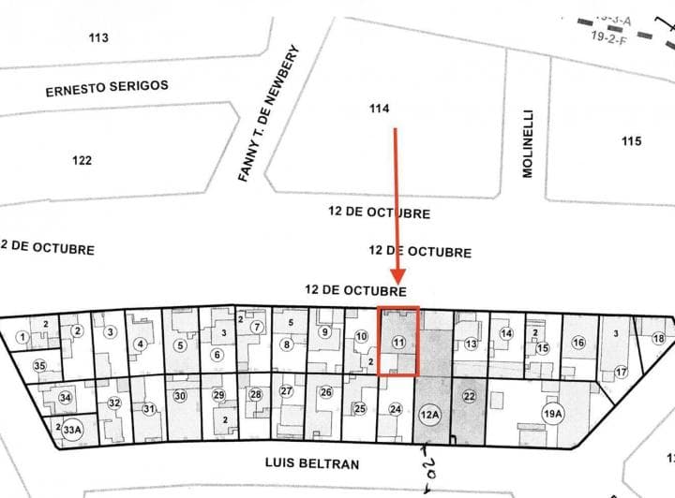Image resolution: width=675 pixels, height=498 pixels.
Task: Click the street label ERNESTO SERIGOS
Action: pyautogui.click(x=107, y=86)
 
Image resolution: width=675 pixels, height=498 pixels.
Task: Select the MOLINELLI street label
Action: pyautogui.click(x=526, y=154)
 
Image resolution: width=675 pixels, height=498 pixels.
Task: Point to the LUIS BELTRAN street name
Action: pyautogui.click(x=312, y=462)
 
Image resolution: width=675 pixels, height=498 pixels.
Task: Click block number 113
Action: pyautogui.click(x=98, y=37)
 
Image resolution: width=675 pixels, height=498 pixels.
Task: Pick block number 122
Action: pyautogui.click(x=82, y=160)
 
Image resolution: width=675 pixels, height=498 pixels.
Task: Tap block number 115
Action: pyautogui.click(x=631, y=141)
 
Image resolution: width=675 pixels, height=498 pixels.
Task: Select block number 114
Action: pyautogui.click(x=379, y=110)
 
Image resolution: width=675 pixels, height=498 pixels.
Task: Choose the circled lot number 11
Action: pyautogui.click(x=398, y=343)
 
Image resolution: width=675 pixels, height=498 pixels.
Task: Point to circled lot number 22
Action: pyautogui.click(x=469, y=397)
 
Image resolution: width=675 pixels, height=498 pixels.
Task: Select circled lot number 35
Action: pyautogui.click(x=39, y=365)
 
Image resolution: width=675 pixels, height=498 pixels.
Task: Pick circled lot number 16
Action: pyautogui.click(x=578, y=343)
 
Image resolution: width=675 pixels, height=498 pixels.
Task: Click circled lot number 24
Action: pyautogui.click(x=396, y=409)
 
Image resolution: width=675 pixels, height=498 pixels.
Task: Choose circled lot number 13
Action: pyautogui.click(x=471, y=344)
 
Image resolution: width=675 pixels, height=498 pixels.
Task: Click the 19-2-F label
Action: pyautogui.click(x=610, y=37)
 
